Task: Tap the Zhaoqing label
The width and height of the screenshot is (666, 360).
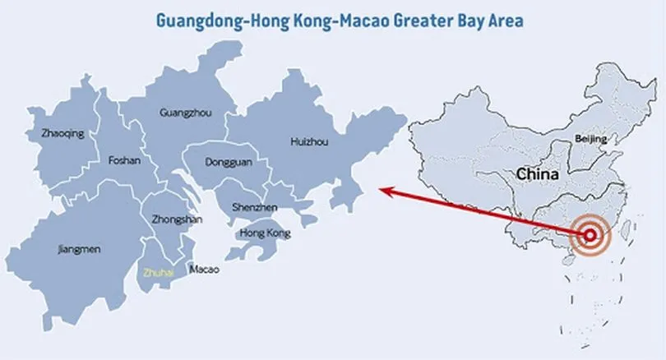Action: (x=62, y=133)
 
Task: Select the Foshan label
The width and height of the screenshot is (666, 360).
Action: (x=124, y=161)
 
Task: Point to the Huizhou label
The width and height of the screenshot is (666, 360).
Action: (x=309, y=141)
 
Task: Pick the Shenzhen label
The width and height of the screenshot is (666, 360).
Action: (x=255, y=208)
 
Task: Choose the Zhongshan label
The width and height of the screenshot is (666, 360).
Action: (x=177, y=219)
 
